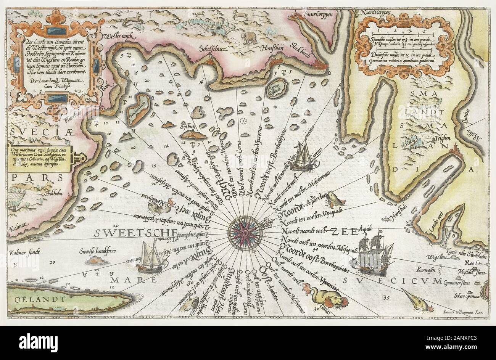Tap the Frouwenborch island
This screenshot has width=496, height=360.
[x=134, y=111]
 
